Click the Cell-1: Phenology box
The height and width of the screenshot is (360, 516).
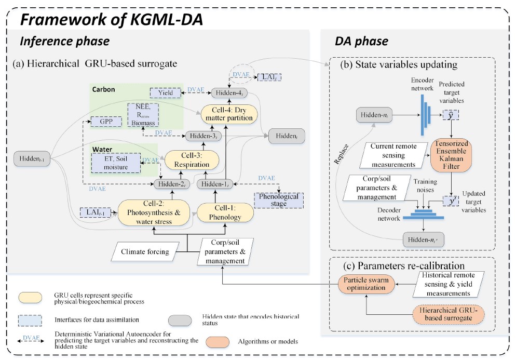pyautogui.click(x=225, y=212)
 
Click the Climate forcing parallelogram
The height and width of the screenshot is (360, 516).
pyautogui.click(x=145, y=252)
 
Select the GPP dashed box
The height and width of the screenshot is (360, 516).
pyautogui.click(x=106, y=122)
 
